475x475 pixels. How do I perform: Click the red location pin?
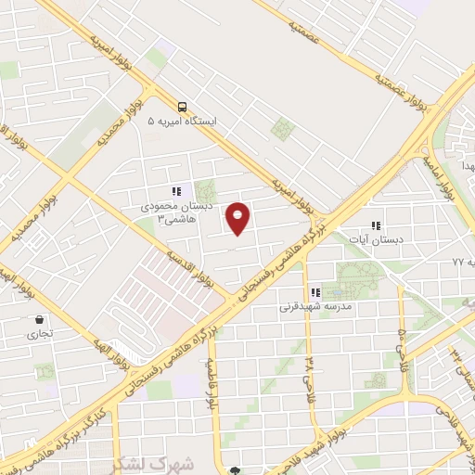click(238, 218)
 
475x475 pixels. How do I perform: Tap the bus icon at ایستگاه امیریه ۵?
click(183, 107)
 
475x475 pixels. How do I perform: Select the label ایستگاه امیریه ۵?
click(182, 122)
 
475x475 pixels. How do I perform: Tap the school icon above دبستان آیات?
click(376, 225)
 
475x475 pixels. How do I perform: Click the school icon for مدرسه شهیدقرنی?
click(315, 291)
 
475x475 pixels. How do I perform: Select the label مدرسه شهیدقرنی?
click(314, 305)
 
